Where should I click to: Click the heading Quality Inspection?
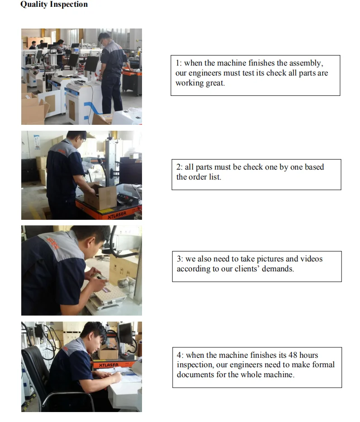click(x=54, y=5)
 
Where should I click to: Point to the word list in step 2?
click(x=216, y=177)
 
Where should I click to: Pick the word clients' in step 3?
click(x=247, y=269)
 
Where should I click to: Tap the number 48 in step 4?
click(x=293, y=355)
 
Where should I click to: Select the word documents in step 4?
click(x=195, y=375)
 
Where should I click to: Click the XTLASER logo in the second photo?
click(x=117, y=215)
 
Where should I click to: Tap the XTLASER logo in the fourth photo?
click(x=109, y=365)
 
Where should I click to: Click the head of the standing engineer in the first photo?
click(x=104, y=39)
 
